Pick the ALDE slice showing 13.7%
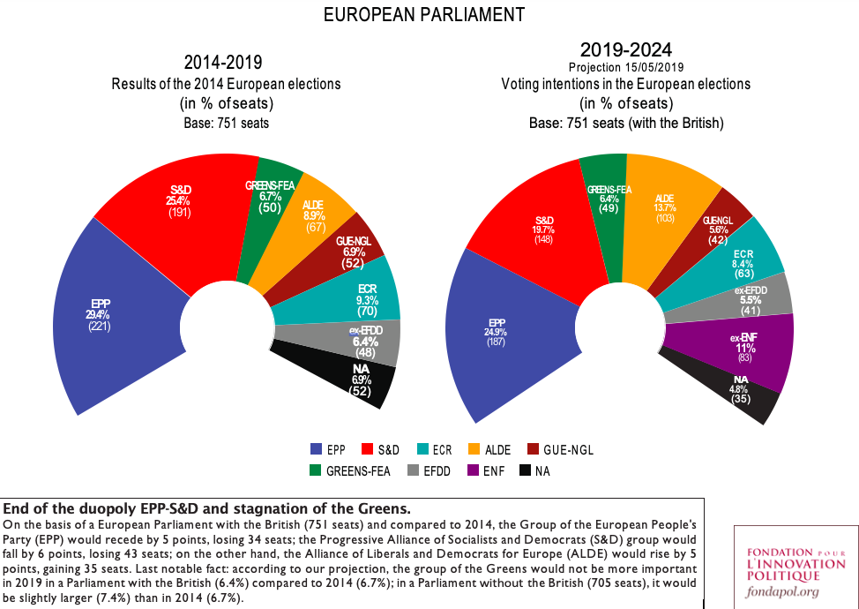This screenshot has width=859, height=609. coord(664,216)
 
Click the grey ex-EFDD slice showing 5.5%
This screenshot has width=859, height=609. coord(750,298)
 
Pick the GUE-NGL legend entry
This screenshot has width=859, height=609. coord(559,449)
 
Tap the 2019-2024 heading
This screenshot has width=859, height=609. coord(625,49)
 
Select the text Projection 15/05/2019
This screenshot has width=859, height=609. coord(625,67)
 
